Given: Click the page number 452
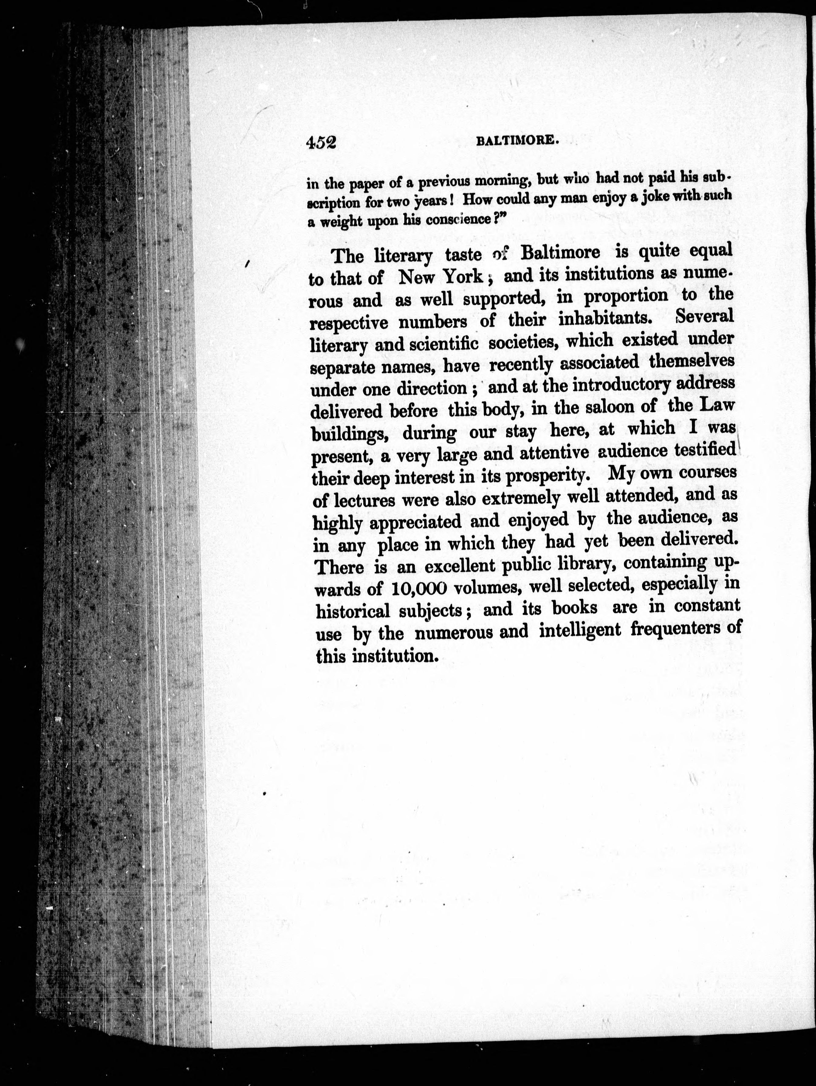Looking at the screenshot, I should [x=320, y=142].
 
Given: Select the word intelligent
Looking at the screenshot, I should [x=580, y=630].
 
